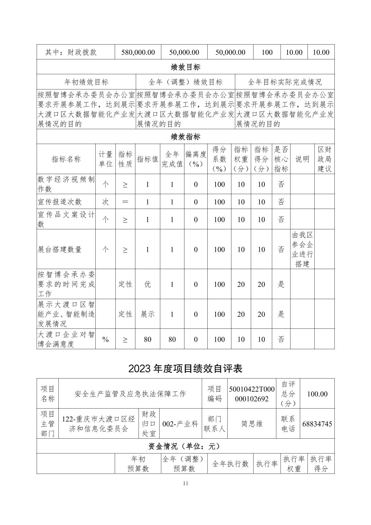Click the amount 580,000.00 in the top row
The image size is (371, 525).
click(138, 52)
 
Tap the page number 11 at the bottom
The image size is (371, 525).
click(185, 483)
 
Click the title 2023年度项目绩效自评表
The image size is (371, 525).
click(185, 369)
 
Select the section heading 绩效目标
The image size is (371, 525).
click(185, 67)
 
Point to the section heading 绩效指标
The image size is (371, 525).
click(185, 137)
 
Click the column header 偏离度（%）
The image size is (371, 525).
click(196, 159)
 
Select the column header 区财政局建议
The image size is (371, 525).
click(324, 159)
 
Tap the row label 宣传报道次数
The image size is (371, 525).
click(60, 201)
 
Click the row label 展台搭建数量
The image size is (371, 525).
click(60, 249)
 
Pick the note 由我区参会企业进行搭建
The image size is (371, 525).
click(302, 249)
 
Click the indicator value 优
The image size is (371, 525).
click(148, 284)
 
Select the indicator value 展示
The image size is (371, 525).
click(148, 314)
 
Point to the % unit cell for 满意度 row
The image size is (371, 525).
click(105, 339)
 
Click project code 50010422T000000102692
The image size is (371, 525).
click(251, 394)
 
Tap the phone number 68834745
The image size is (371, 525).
click(317, 424)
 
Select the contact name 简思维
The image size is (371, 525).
click(252, 424)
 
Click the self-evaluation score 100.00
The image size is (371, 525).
click(317, 394)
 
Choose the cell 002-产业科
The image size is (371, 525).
click(180, 424)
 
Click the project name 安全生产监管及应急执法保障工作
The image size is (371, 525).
click(130, 394)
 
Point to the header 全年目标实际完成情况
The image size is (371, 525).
click(285, 82)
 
